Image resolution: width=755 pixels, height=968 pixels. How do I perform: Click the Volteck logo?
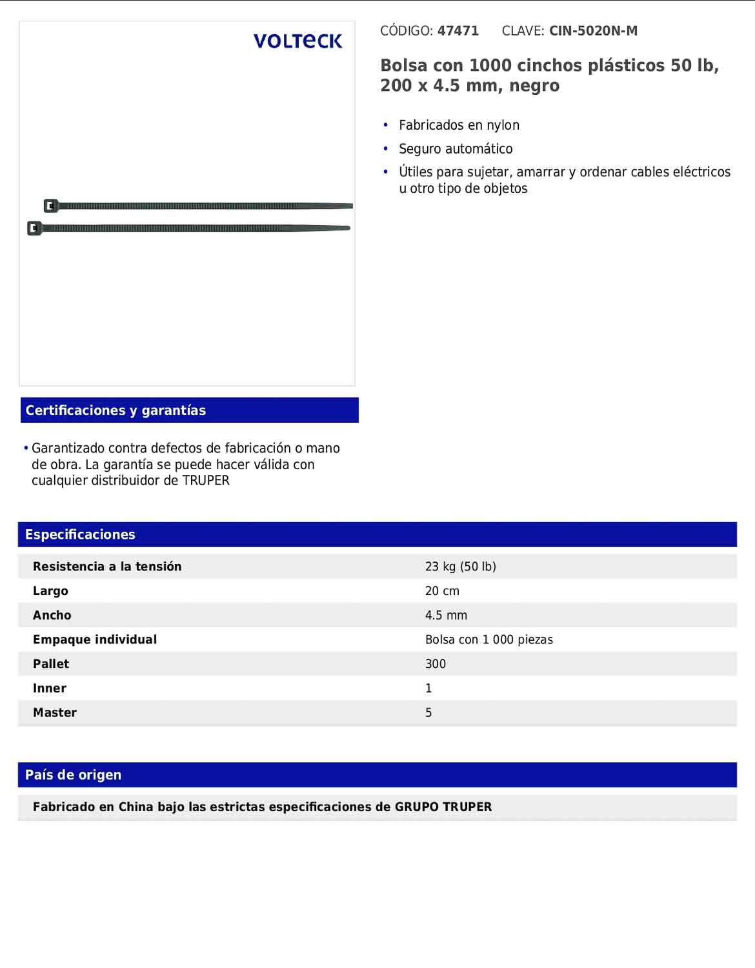(x=297, y=41)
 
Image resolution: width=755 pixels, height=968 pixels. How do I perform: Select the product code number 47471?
(x=458, y=31)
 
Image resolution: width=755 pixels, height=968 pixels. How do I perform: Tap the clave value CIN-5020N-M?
(x=593, y=31)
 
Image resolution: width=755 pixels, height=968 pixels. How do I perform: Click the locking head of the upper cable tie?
(x=51, y=206)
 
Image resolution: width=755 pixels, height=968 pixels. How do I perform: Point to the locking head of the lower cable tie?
(x=35, y=228)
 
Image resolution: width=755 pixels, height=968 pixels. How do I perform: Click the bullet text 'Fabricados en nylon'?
(x=459, y=125)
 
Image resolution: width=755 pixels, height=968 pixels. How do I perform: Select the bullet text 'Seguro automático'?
(x=456, y=149)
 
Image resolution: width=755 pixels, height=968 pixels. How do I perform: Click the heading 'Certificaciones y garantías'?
(x=116, y=410)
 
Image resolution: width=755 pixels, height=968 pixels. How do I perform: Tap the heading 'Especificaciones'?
(x=80, y=534)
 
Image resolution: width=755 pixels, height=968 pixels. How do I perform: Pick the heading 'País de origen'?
(x=73, y=775)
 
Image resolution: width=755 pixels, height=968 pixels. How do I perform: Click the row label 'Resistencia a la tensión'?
(x=107, y=567)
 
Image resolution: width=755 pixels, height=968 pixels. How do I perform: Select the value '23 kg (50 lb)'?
(x=461, y=567)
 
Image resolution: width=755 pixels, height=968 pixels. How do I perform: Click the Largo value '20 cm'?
(x=442, y=591)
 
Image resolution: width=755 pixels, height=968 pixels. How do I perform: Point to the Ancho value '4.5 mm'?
(x=446, y=616)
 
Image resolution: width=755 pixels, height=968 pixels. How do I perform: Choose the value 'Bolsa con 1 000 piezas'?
(x=488, y=640)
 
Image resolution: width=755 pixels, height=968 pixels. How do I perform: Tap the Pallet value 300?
(x=436, y=664)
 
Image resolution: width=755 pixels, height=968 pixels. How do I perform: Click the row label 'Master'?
(x=55, y=713)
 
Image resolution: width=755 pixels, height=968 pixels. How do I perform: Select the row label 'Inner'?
(x=50, y=689)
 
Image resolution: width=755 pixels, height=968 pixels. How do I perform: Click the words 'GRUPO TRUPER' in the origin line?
(x=443, y=807)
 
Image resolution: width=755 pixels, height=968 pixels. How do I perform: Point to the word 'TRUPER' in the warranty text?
(x=206, y=481)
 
